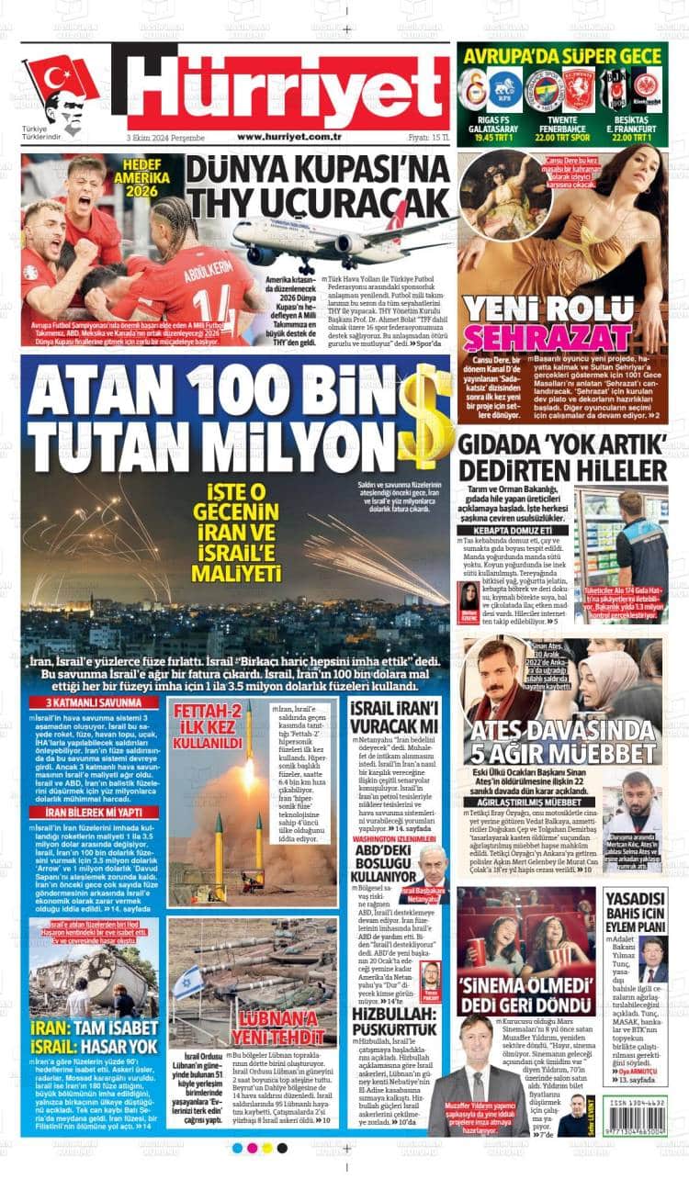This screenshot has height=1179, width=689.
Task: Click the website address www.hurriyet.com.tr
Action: click(x=289, y=137)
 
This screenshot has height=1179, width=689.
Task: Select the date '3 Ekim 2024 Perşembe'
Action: click(x=165, y=137)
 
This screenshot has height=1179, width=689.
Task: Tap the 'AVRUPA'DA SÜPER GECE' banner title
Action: click(x=562, y=56)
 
